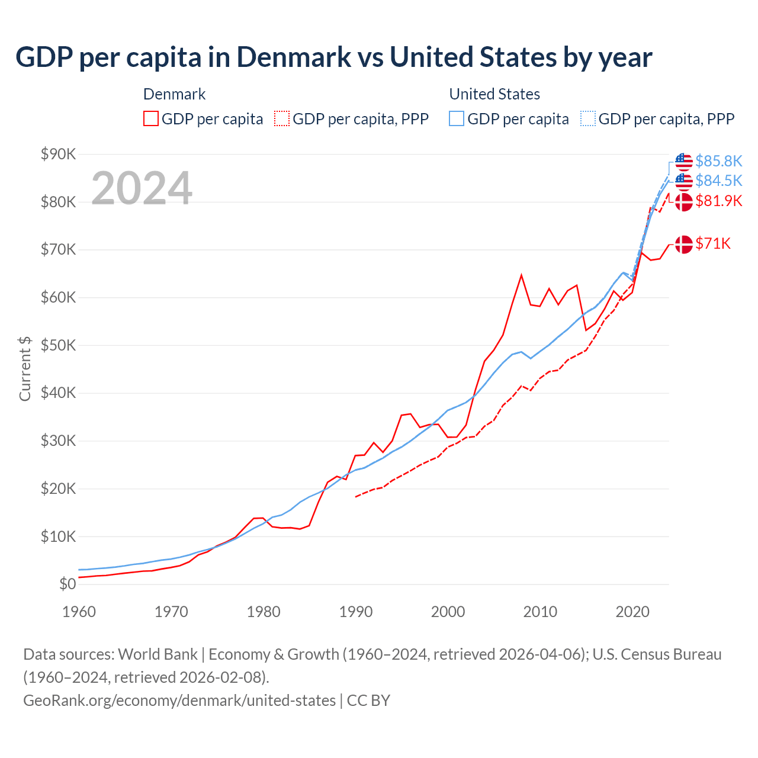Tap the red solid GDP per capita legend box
click(x=151, y=118)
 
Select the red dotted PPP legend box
click(x=282, y=118)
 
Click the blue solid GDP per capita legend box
click(x=457, y=118)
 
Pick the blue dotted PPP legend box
click(x=588, y=118)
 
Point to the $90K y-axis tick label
click(x=58, y=154)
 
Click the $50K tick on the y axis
click(x=58, y=345)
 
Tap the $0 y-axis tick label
click(x=68, y=584)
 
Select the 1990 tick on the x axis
click(x=355, y=612)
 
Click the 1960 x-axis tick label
click(x=79, y=612)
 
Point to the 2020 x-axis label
click(x=632, y=612)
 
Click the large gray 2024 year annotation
click(x=142, y=188)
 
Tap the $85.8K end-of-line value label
click(x=718, y=161)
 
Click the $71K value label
click(x=713, y=243)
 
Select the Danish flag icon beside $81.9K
click(x=684, y=201)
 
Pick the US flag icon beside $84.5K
click(x=684, y=181)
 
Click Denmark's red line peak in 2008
click(x=521, y=275)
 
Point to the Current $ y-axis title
click(x=25, y=368)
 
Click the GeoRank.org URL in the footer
click(x=179, y=701)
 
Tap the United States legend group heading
click(x=494, y=94)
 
